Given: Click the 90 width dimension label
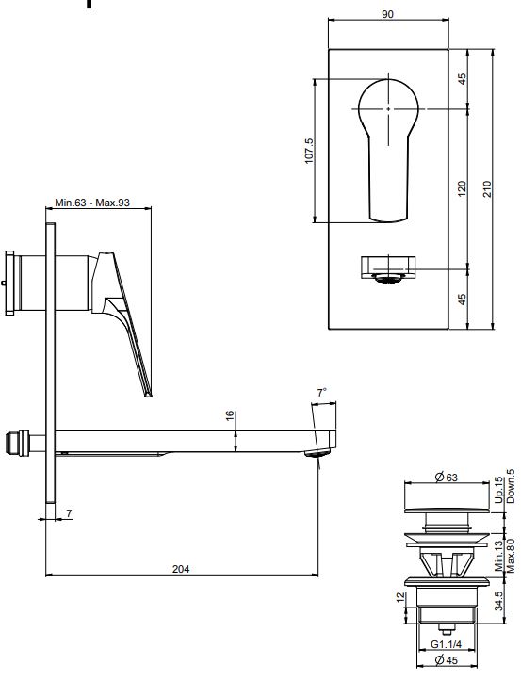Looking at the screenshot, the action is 387,14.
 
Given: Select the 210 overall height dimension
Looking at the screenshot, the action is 487,189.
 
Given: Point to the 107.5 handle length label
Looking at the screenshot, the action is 309,151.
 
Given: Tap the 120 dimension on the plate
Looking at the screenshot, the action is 462,189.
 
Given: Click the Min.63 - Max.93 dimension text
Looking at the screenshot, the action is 92,203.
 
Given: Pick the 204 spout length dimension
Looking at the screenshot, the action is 181,569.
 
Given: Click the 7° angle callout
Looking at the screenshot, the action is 321,393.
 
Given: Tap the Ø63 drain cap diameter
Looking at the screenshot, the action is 447,478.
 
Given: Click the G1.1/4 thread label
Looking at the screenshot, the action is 447,644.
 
